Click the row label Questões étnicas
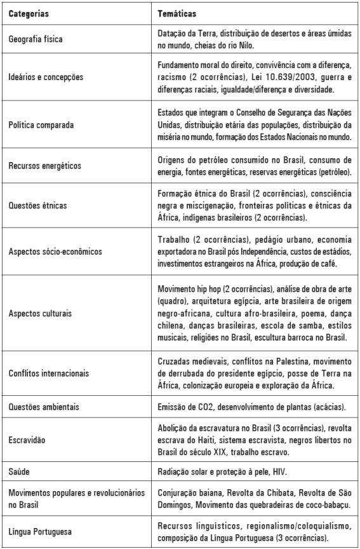(37, 205)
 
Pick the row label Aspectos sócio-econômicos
(55, 250)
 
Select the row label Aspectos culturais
(39, 314)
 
